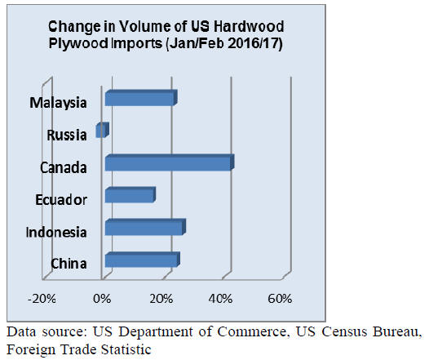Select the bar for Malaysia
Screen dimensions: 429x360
pyautogui.click(x=141, y=98)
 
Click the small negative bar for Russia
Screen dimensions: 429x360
pyautogui.click(x=102, y=130)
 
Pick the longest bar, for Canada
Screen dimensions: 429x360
pyautogui.click(x=170, y=162)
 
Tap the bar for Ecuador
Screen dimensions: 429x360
pyautogui.click(x=130, y=195)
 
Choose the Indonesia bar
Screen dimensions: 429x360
pyautogui.click(x=145, y=227)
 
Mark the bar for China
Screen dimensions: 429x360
pyautogui.click(x=142, y=260)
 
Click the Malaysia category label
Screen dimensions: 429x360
pyautogui.click(x=58, y=103)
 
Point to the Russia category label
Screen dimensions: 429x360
pyautogui.click(x=67, y=136)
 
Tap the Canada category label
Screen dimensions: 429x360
pyautogui.click(x=63, y=167)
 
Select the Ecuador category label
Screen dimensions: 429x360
pyautogui.click(x=61, y=200)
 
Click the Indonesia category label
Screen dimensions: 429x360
pyautogui.click(x=56, y=232)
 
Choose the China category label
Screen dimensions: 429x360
pyautogui.click(x=69, y=264)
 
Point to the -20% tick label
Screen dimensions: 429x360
pyautogui.click(x=42, y=299)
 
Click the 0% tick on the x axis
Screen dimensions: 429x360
pyautogui.click(x=102, y=299)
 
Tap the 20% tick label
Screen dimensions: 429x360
pyautogui.click(x=161, y=299)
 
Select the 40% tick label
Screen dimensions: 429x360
pyautogui.click(x=220, y=299)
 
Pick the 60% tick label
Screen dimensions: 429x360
pyautogui.click(x=280, y=299)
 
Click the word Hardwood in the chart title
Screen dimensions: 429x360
pyautogui.click(x=249, y=27)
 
